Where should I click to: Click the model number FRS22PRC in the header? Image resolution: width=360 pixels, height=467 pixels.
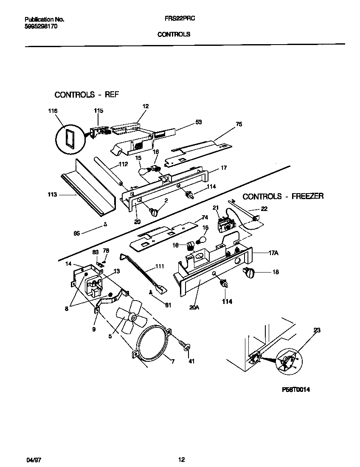pos(176,19)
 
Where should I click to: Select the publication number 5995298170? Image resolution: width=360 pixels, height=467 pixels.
pos(41,26)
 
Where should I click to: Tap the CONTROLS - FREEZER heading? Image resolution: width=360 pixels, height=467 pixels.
pos(283,196)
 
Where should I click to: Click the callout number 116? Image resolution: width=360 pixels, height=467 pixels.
pos(52,111)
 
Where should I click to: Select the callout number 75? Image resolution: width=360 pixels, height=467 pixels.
pos(239,125)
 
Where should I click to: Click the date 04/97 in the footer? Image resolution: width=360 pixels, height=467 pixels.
pos(32,459)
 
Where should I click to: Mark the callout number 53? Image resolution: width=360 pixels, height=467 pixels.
pos(198,122)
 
